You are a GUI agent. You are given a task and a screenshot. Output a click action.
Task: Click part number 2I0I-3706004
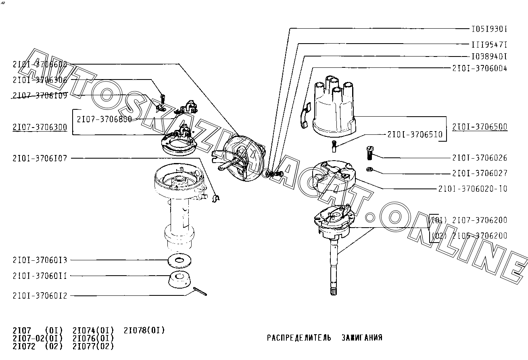pyautogui.click(x=480, y=68)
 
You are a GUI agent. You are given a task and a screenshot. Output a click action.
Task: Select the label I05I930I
pyautogui.click(x=489, y=29)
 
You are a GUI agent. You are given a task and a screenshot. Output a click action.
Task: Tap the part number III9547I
pyautogui.click(x=489, y=44)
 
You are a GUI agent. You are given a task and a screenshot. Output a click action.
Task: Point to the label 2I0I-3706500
pyautogui.click(x=480, y=127)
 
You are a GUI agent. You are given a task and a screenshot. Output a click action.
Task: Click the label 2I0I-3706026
pyautogui.click(x=480, y=158)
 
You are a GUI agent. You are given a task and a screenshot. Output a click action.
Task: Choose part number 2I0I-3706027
pyautogui.click(x=480, y=173)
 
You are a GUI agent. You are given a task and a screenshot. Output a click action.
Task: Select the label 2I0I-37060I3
pyautogui.click(x=40, y=260)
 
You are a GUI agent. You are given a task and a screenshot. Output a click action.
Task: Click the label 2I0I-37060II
pyautogui.click(x=40, y=276)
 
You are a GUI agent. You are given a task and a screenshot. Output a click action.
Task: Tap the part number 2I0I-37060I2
pyautogui.click(x=40, y=296)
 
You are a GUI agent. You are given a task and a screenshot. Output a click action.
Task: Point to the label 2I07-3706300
pyautogui.click(x=40, y=128)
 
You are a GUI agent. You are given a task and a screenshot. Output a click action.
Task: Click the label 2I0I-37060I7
pyautogui.click(x=40, y=159)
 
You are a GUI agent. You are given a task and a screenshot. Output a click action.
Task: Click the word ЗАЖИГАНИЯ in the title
pyautogui.click(x=361, y=338)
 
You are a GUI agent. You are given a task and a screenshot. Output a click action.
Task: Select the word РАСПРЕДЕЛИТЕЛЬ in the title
pyautogui.click(x=299, y=338)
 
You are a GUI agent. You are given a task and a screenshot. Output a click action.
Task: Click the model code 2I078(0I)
pyautogui.click(x=144, y=331)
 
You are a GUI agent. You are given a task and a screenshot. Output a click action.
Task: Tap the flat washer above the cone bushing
pyautogui.click(x=179, y=261)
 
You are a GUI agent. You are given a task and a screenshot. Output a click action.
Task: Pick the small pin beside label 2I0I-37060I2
pyautogui.click(x=200, y=291)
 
